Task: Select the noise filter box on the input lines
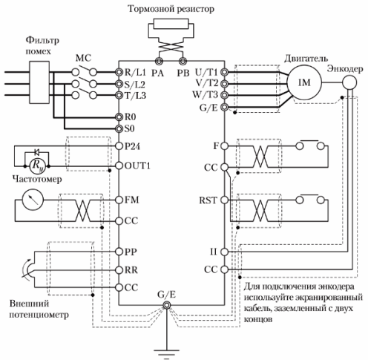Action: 39,82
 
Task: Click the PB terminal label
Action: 183,73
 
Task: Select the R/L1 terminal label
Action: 135,72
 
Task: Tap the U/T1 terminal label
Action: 206,72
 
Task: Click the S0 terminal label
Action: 130,128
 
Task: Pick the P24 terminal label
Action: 132,146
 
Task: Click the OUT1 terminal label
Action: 137,166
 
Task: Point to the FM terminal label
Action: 131,200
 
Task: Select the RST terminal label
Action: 208,200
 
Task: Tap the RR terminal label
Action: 131,269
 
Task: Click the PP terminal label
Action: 131,252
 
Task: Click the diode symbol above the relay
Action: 37,151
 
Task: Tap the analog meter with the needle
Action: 33,200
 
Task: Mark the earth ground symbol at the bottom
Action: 167,353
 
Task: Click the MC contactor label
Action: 83,59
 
